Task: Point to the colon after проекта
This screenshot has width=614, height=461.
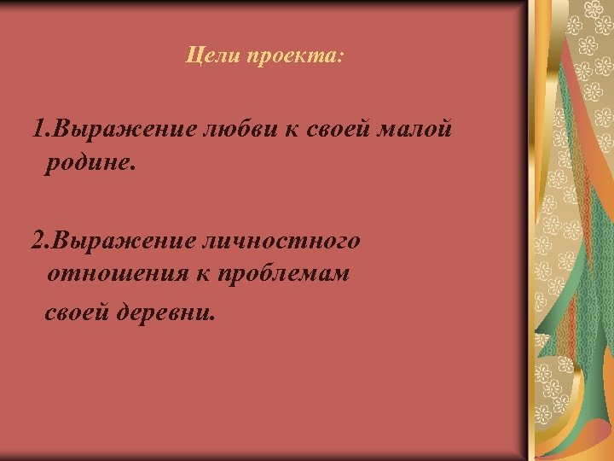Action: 340,58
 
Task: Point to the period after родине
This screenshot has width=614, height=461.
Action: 132,166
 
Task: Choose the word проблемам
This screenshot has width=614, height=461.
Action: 283,275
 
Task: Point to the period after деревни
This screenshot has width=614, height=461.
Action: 214,317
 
